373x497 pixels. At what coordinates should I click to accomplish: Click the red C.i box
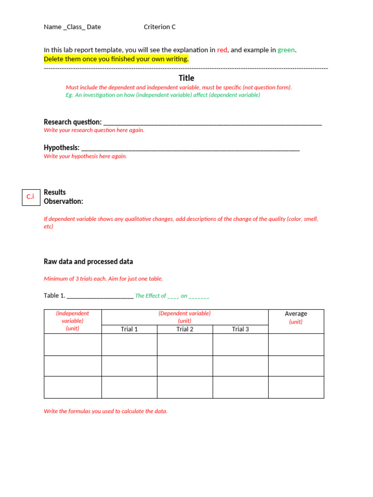coord(31,197)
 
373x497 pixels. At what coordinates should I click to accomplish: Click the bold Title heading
coord(186,78)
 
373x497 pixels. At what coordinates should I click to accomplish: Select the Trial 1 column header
coord(129,329)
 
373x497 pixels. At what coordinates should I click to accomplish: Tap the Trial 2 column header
coord(185,329)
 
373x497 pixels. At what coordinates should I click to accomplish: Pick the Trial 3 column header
coord(240,329)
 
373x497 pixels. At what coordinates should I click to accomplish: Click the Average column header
coord(296,314)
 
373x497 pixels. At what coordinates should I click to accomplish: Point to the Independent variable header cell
coord(72,321)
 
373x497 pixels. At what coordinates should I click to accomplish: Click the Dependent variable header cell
coord(185,317)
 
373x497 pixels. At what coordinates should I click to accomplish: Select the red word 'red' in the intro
coord(222,50)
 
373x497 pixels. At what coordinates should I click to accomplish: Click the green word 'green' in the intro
coord(286,50)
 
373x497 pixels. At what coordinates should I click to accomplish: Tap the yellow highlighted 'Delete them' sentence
coord(116,59)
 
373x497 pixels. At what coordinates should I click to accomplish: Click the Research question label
coord(73,122)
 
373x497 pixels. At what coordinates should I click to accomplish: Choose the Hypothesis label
coord(62,148)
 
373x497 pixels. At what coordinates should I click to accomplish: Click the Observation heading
coord(63,201)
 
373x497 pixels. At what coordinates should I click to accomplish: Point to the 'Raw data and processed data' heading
coord(88,262)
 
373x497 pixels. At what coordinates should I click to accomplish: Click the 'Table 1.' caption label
coord(54,296)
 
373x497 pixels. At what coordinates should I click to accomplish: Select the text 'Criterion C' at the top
coord(160,27)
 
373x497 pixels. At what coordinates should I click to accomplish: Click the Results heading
coord(55,192)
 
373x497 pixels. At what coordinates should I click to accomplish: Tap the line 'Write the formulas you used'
coord(105,411)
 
